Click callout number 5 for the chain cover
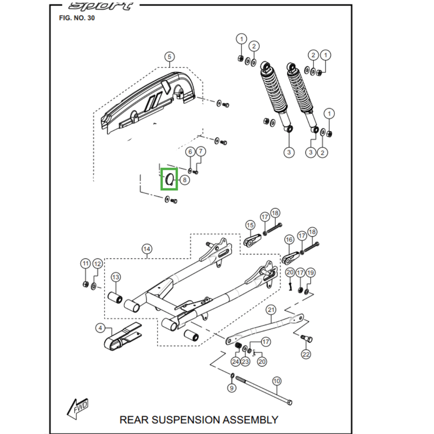pyautogui.click(x=168, y=57)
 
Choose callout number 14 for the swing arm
pyautogui.click(x=146, y=250)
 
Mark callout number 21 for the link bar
pyautogui.click(x=271, y=310)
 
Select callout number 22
pyautogui.click(x=307, y=354)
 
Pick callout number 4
pyautogui.click(x=100, y=328)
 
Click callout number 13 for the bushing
pyautogui.click(x=116, y=277)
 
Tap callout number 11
pyautogui.click(x=85, y=264)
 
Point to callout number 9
pyautogui.click(x=232, y=388)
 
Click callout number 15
pyautogui.click(x=250, y=225)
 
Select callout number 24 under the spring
pyautogui.click(x=235, y=361)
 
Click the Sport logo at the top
pyautogui.click(x=101, y=7)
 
